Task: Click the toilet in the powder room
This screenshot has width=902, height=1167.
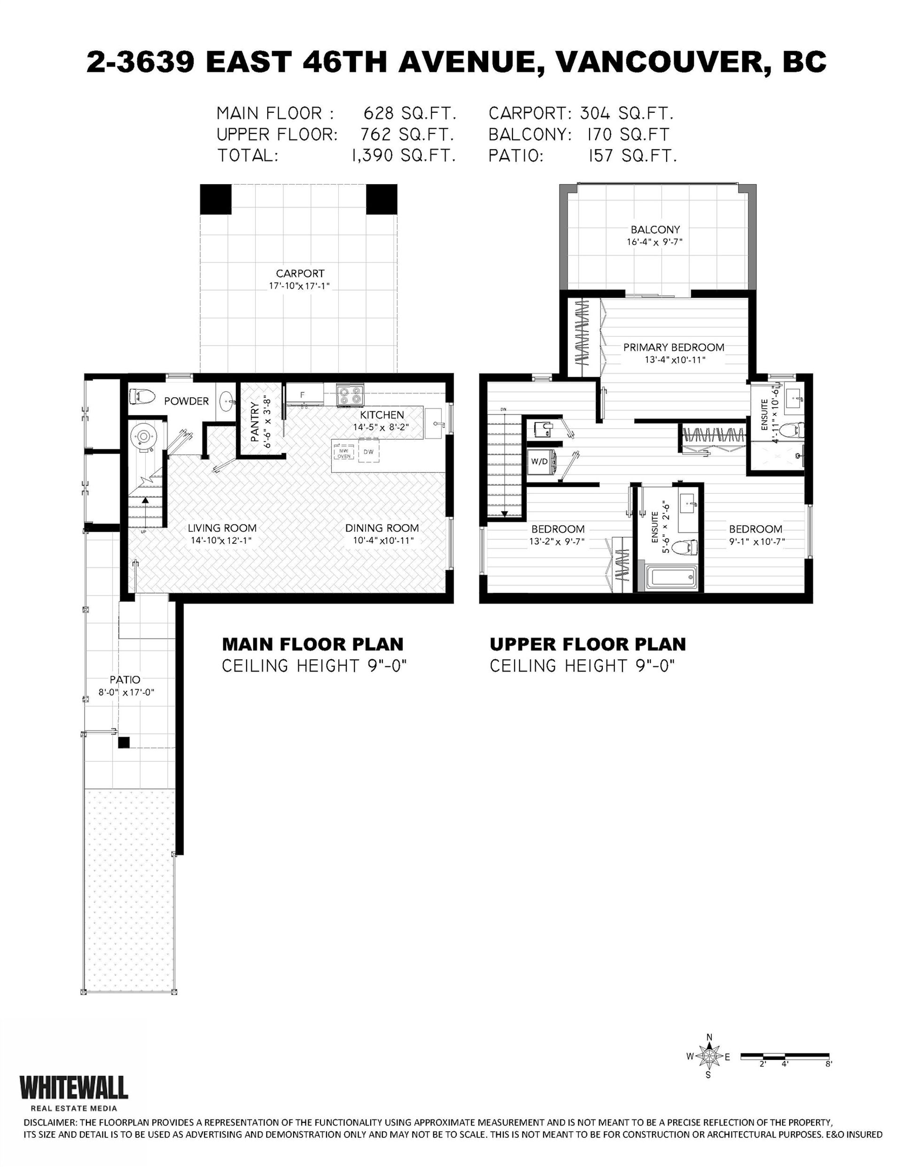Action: tap(141, 397)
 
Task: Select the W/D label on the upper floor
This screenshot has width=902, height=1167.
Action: tap(539, 461)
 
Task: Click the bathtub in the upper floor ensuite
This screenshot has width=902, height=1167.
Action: tap(669, 579)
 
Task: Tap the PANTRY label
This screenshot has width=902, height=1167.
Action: tap(255, 423)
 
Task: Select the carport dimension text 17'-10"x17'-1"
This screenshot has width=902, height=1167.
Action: tap(299, 286)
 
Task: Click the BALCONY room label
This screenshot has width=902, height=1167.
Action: tap(655, 230)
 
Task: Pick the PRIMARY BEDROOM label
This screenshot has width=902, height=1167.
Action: tap(674, 348)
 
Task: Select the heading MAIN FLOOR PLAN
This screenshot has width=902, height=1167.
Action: tap(313, 644)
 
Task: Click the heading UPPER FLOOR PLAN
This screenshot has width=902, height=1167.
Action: tap(588, 644)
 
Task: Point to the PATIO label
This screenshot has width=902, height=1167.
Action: tap(125, 680)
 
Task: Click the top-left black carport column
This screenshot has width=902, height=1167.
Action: tap(216, 199)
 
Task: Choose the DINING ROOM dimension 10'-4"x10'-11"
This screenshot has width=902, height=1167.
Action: tap(383, 540)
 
